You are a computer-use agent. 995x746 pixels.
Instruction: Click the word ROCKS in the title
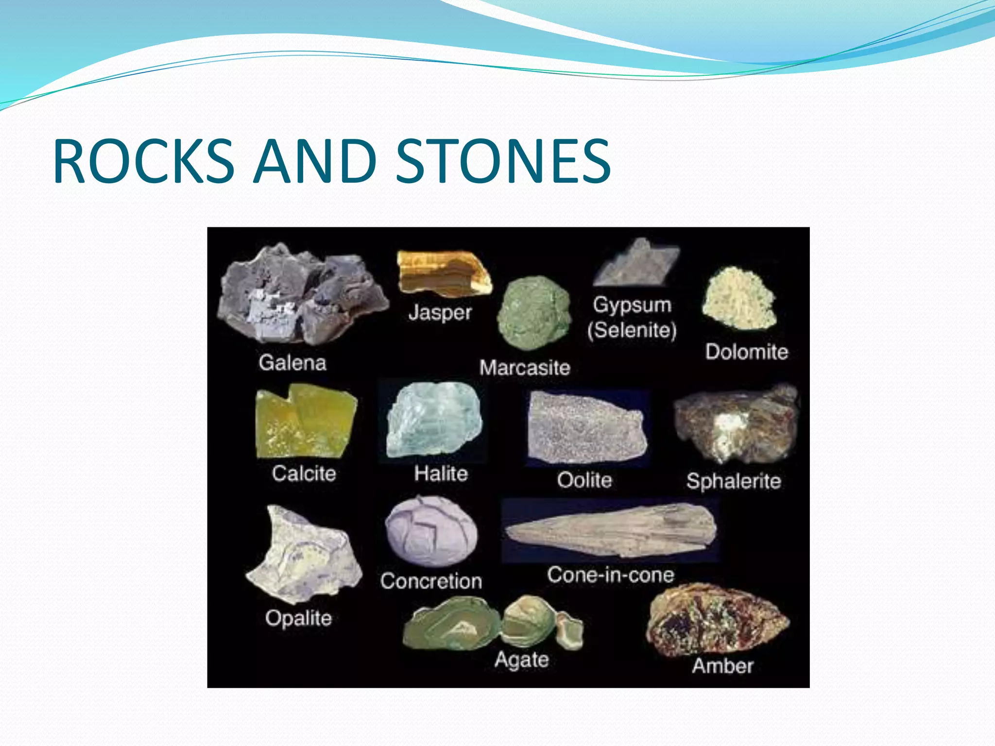coord(144,161)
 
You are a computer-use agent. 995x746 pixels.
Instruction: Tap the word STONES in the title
coord(503,161)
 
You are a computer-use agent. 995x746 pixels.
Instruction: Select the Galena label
coord(292,363)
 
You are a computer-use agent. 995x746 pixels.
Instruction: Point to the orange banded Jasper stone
coord(442,273)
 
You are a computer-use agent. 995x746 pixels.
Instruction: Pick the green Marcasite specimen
coord(533,312)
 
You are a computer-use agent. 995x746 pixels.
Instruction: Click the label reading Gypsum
coord(632,305)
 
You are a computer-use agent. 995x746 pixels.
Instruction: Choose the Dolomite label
coord(746,352)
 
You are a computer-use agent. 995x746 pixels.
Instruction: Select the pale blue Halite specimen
coord(434,420)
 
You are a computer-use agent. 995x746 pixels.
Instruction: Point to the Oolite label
coord(584,480)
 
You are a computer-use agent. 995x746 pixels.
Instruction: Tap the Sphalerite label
coord(734,481)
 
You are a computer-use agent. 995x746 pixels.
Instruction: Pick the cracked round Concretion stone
coord(431,532)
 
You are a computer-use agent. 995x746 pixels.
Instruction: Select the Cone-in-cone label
coord(611,575)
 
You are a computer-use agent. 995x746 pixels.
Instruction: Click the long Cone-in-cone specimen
coord(611,531)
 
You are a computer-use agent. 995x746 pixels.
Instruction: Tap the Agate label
coord(521,660)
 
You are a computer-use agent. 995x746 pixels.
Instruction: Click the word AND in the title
coord(315,161)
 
